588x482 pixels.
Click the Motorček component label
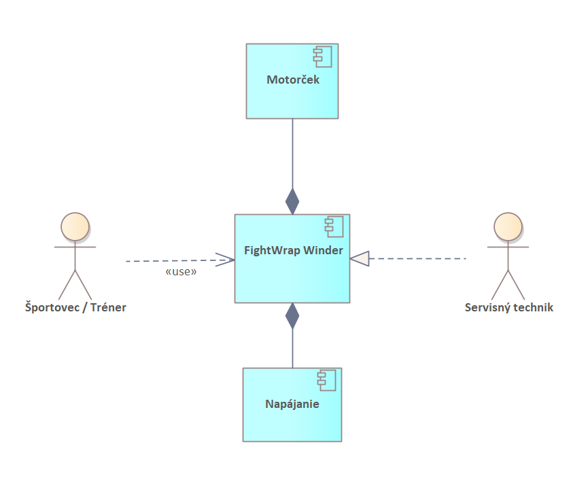[x=292, y=80]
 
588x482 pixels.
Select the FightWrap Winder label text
[x=293, y=250]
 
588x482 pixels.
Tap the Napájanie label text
[x=292, y=404]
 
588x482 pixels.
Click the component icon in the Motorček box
[x=324, y=58]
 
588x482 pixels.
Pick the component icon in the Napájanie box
[x=327, y=381]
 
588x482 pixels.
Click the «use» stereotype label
[x=181, y=272]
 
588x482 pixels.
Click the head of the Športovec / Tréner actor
[x=75, y=226]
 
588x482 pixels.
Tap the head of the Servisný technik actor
[x=508, y=226]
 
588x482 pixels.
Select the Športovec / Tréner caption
[x=75, y=307]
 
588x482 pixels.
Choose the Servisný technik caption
[x=508, y=307]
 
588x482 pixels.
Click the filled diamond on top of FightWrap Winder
[x=292, y=201]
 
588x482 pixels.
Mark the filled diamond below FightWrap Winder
[x=292, y=316]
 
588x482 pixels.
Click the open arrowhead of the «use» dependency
[x=226, y=259]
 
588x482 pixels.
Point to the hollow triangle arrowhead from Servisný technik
[x=360, y=258]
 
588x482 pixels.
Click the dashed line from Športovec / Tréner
[x=170, y=260]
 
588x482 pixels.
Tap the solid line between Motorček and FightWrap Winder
[x=292, y=153]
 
